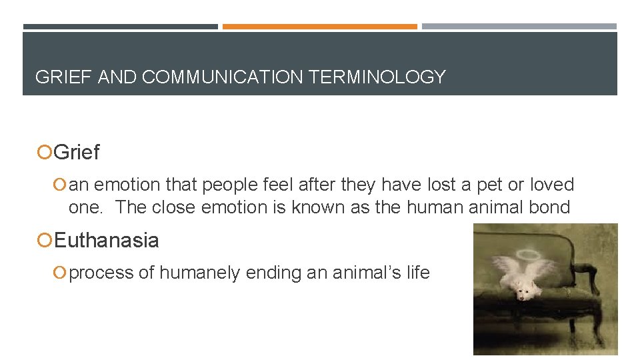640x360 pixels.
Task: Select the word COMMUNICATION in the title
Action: [223, 77]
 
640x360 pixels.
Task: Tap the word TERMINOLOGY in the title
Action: [377, 77]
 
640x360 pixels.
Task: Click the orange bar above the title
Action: [320, 27]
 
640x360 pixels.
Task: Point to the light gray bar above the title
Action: [519, 27]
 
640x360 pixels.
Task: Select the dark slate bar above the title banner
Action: [120, 27]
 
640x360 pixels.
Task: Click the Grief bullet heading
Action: [77, 153]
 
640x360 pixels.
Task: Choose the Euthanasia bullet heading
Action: [107, 240]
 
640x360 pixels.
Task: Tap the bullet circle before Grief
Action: [44, 153]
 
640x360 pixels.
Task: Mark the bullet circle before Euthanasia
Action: [44, 241]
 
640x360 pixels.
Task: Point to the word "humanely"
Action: [197, 273]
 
